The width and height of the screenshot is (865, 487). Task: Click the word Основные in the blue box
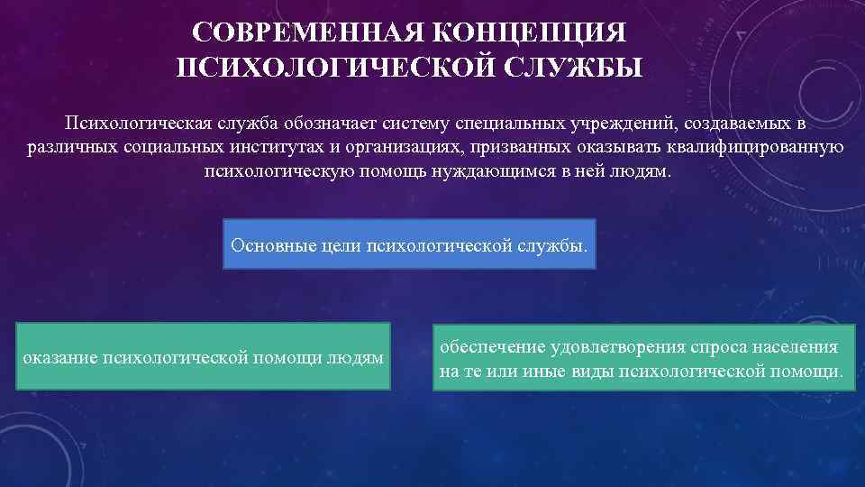268,244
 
